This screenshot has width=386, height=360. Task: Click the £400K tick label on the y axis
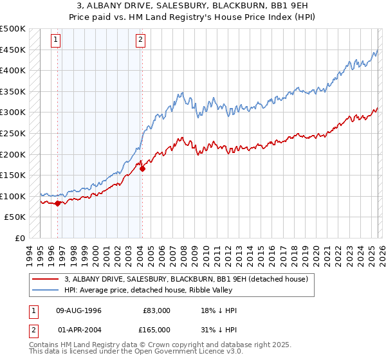pos(13,70)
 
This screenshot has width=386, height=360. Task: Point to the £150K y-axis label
pos(13,175)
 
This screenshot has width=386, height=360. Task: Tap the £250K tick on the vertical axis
pos(13,133)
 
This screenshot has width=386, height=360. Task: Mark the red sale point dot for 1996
pos(57,203)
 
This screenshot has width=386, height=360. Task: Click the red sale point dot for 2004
pos(142,169)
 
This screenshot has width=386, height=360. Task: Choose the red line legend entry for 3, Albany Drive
pos(187,279)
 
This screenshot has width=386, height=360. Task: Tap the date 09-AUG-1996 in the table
pos(78,310)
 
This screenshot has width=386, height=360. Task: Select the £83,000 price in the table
pos(156,310)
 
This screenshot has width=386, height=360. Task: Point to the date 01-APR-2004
pos(78,330)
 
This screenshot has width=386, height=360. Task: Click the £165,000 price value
pos(156,330)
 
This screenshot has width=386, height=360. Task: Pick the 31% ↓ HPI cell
pos(219,330)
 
